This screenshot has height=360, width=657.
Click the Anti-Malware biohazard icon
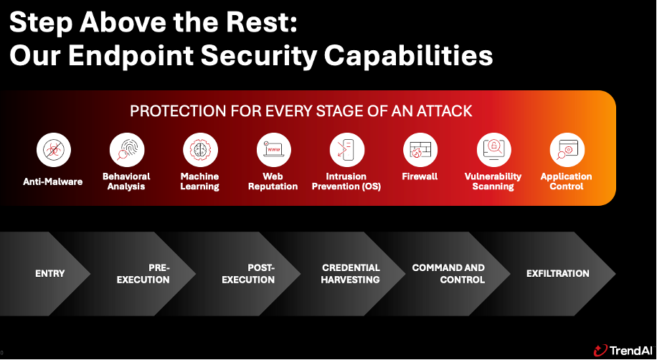[53, 150]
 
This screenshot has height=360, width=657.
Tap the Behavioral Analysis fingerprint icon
[126, 150]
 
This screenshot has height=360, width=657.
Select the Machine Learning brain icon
[200, 150]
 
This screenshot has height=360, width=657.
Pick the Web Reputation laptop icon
[273, 150]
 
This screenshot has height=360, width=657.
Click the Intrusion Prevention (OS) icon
[347, 150]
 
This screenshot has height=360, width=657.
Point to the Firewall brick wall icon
[420, 150]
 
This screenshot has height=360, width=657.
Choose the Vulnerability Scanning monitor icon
[493, 150]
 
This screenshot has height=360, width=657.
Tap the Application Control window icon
[567, 150]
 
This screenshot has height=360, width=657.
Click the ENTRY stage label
[50, 274]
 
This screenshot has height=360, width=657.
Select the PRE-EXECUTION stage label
[143, 274]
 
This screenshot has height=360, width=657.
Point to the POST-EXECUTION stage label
[248, 274]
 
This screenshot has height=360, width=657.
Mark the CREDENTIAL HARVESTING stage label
[351, 274]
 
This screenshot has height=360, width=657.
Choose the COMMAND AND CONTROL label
[448, 274]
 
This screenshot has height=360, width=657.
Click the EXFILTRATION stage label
[558, 274]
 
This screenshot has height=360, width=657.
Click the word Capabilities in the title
[409, 55]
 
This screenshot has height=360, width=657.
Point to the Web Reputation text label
[273, 181]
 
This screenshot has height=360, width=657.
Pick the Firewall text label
[420, 176]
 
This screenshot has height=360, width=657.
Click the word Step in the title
[41, 23]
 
